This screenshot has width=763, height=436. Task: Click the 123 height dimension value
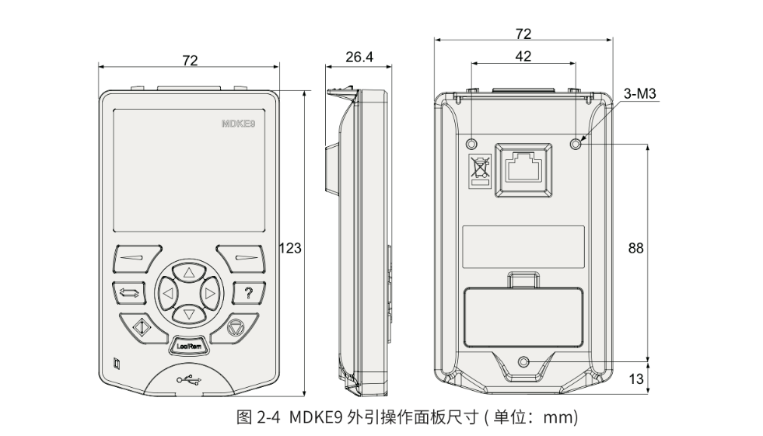[x=291, y=248]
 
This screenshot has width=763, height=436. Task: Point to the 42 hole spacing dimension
[x=523, y=56]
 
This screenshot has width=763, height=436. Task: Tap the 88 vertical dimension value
[x=635, y=248]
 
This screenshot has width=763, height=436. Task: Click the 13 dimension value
[x=635, y=378]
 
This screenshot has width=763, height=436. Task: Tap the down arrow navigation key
[x=187, y=314]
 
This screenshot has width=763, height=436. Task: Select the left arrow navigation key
[x=166, y=293]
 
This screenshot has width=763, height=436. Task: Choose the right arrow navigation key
[x=209, y=293]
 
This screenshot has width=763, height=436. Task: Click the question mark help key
[x=247, y=293]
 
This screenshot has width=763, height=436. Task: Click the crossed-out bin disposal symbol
[x=478, y=170]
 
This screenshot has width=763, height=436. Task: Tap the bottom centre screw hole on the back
[x=523, y=362]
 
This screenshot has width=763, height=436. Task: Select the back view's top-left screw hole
[x=471, y=144]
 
